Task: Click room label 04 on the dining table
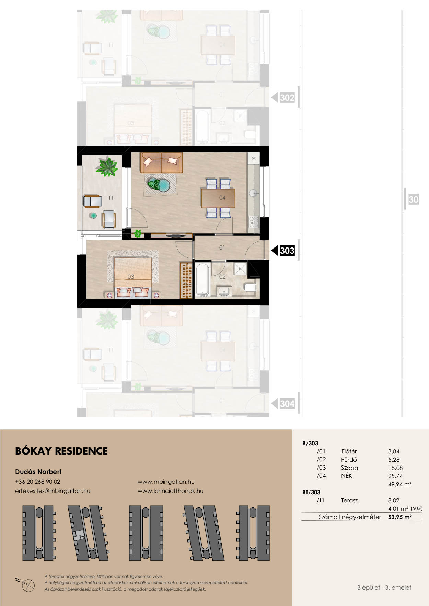[222, 198]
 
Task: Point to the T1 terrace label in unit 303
[111, 198]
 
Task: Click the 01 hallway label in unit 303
[222, 247]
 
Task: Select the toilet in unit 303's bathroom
[250, 287]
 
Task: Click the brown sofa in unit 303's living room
[161, 162]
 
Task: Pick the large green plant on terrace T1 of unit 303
[107, 167]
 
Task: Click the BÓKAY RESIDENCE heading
[61, 451]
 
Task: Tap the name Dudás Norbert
[38, 472]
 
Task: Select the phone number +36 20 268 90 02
[38, 482]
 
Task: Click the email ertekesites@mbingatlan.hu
[53, 491]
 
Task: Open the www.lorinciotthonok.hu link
[171, 491]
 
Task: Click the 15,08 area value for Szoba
[395, 468]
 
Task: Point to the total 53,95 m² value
[400, 517]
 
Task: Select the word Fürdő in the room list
[349, 460]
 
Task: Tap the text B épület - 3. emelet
[384, 587]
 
